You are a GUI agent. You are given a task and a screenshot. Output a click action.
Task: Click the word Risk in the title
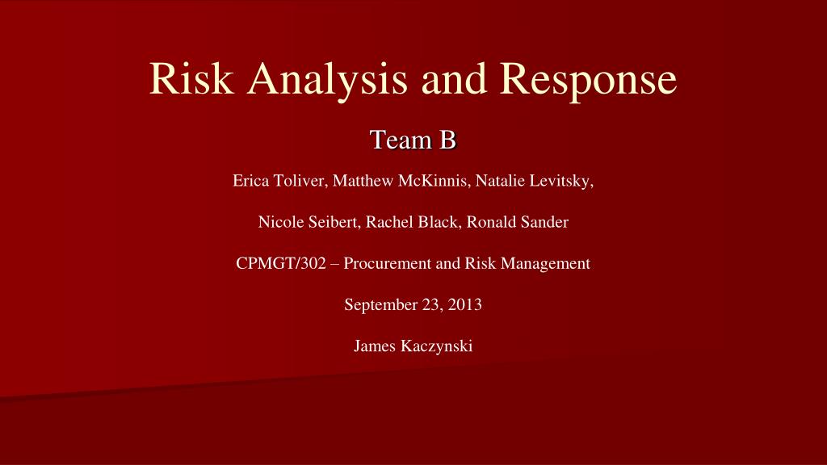click(191, 78)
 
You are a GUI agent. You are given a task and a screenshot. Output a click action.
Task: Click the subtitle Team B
click(413, 140)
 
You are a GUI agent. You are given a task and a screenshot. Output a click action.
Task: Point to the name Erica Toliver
click(279, 181)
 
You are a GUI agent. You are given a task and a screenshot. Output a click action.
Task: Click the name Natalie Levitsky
click(532, 181)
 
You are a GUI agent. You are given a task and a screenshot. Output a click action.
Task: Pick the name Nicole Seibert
click(309, 222)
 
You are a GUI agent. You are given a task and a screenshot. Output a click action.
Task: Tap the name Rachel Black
click(411, 222)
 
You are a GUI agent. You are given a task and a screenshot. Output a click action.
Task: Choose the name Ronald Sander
click(518, 222)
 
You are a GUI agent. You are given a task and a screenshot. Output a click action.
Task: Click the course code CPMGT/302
click(281, 263)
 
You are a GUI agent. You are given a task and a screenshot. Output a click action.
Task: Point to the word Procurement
click(388, 263)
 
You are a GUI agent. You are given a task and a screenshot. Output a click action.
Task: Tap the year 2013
click(464, 304)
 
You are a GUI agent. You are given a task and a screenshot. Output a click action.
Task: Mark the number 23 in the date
click(433, 304)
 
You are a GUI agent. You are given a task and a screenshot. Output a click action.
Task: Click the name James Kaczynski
click(413, 346)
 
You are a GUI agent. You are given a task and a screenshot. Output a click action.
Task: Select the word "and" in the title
click(454, 78)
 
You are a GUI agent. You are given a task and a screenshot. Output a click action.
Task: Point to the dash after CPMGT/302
click(335, 264)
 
